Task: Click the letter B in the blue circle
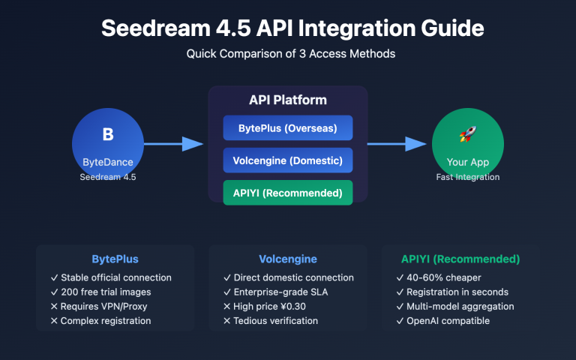(x=107, y=135)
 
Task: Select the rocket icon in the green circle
(x=467, y=135)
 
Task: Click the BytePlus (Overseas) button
(x=287, y=127)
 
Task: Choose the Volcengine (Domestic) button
(x=287, y=160)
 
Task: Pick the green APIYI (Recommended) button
(x=287, y=192)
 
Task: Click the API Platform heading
(x=287, y=100)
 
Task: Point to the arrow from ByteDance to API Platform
(x=172, y=144)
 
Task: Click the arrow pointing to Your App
(x=396, y=144)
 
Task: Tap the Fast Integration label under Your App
(x=467, y=177)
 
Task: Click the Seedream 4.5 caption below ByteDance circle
(x=107, y=177)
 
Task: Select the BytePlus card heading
(x=115, y=259)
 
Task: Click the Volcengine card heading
(x=287, y=259)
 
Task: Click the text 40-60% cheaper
(x=443, y=277)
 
